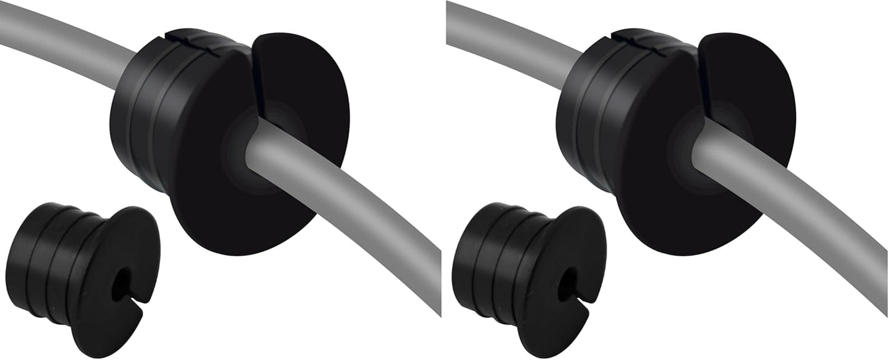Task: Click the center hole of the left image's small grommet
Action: coord(121,284)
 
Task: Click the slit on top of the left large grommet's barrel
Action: coord(185,38)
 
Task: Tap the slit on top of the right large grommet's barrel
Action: coord(631,38)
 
